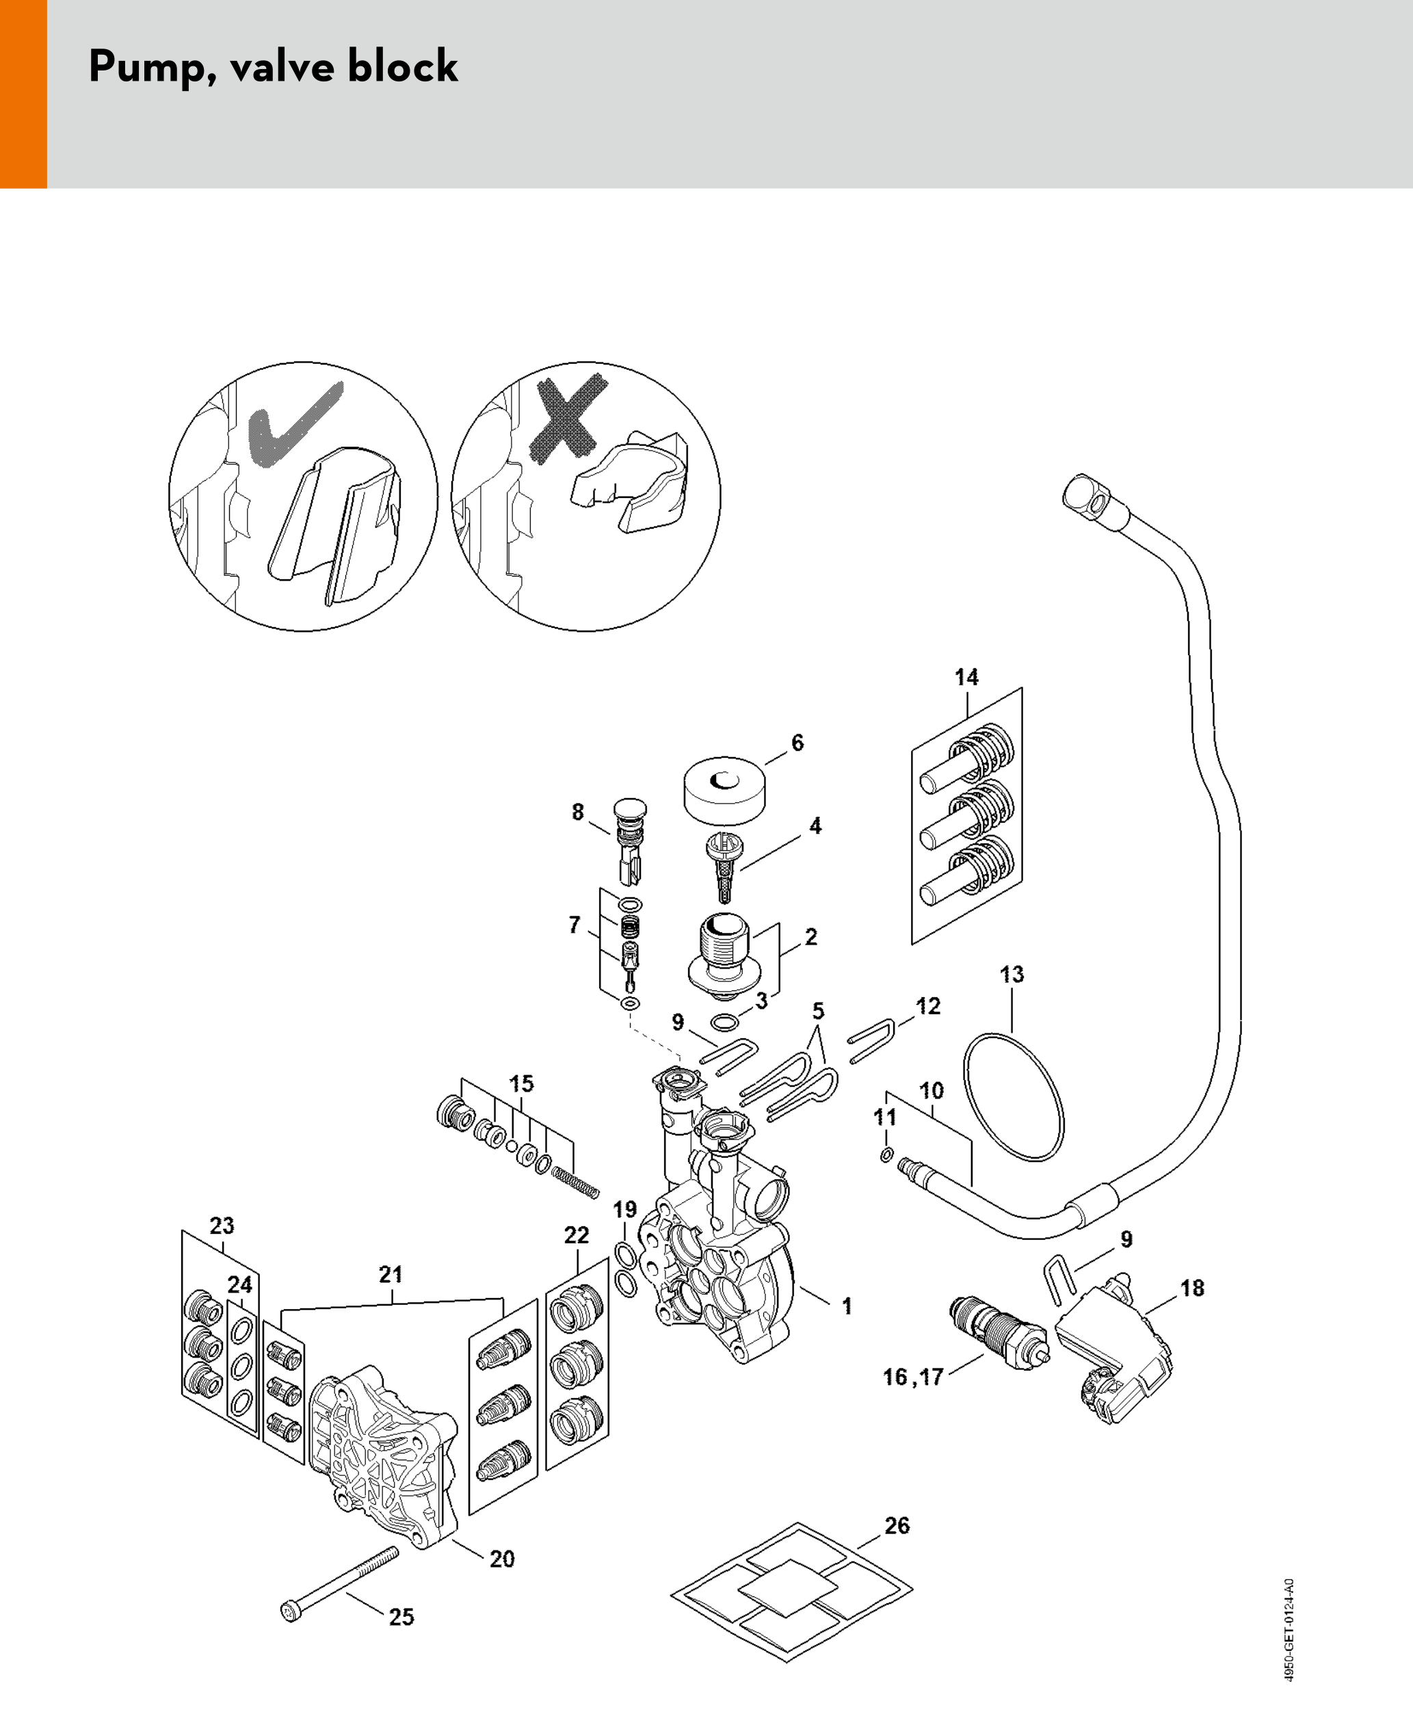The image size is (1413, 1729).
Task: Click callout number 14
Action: click(966, 677)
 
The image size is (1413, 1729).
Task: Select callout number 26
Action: click(896, 1525)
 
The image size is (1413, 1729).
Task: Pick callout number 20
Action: click(501, 1558)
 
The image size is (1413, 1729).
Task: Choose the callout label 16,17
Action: click(912, 1377)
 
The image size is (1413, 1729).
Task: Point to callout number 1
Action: click(847, 1306)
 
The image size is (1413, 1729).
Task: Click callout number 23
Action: click(222, 1225)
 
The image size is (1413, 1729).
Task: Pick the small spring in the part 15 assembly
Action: click(575, 1182)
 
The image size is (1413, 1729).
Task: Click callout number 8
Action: click(577, 812)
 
